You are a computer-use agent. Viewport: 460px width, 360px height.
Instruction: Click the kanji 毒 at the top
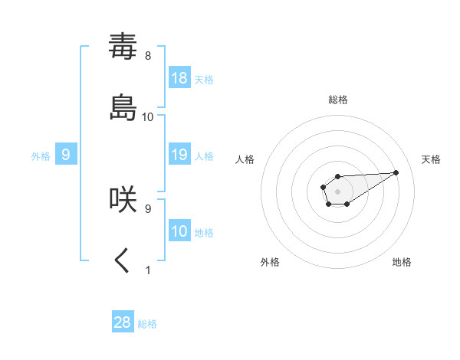tap(123, 47)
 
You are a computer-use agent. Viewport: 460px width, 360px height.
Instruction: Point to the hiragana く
tap(123, 260)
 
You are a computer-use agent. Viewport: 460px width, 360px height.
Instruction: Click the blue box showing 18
tap(179, 77)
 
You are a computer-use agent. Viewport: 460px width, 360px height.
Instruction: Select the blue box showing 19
tap(179, 155)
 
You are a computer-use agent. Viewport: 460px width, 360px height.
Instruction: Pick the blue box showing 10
tap(179, 231)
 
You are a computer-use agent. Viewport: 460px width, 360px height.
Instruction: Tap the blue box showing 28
tap(123, 322)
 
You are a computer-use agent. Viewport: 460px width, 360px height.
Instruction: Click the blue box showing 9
tap(66, 155)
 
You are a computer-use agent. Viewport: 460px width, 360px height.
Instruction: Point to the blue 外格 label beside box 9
tap(41, 155)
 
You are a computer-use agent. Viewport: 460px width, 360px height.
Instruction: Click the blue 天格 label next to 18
tap(204, 79)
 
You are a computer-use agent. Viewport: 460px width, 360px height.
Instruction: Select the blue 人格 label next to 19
tap(204, 155)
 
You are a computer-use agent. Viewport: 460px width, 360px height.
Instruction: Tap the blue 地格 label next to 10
tap(204, 232)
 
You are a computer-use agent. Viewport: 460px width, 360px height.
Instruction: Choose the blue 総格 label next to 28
tap(147, 324)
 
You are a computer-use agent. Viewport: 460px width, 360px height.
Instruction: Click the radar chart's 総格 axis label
tap(338, 100)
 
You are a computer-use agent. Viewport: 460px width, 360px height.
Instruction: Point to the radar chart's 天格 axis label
tap(432, 159)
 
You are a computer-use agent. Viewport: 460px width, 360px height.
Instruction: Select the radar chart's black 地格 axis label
tap(402, 262)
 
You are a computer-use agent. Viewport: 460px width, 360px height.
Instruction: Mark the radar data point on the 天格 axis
tap(396, 172)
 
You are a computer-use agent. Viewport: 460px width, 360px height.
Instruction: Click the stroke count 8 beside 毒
tap(147, 56)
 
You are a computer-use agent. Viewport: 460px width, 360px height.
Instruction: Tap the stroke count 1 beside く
tap(148, 270)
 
